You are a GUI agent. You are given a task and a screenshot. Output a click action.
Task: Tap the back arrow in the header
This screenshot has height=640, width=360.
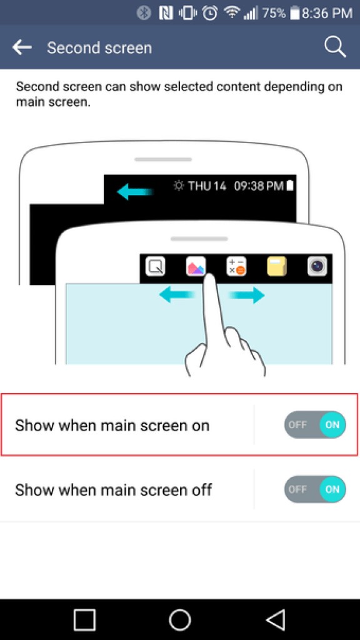click(x=22, y=47)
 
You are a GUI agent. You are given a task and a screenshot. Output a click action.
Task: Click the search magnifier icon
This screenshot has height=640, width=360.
click(x=335, y=47)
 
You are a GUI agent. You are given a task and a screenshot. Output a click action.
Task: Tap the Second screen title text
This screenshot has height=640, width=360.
click(x=99, y=48)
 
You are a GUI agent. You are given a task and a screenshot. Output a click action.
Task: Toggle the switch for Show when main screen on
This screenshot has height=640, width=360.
click(x=315, y=425)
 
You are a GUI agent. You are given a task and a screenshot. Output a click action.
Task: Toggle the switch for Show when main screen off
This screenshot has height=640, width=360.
click(x=315, y=489)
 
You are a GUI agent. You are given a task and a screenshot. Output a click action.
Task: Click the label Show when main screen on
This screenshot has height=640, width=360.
click(x=112, y=426)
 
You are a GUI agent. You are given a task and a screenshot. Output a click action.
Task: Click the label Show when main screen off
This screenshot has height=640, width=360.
click(x=113, y=490)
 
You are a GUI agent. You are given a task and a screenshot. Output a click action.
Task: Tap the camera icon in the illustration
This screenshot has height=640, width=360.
click(x=317, y=267)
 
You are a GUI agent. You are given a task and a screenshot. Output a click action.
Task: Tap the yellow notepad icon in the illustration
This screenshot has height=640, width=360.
click(x=276, y=267)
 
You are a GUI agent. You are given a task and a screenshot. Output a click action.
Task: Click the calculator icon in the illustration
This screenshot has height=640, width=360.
click(x=236, y=267)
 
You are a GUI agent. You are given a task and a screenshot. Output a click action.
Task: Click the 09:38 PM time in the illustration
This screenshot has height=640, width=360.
click(x=259, y=186)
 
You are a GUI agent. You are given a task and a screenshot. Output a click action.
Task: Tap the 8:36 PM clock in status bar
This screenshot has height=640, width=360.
click(x=327, y=12)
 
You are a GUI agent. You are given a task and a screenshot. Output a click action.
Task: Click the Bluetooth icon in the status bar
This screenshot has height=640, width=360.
click(x=144, y=12)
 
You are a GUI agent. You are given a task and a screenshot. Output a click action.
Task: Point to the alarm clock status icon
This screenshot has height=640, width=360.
click(x=210, y=12)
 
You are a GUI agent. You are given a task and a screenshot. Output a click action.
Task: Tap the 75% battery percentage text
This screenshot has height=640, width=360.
click(x=274, y=12)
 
